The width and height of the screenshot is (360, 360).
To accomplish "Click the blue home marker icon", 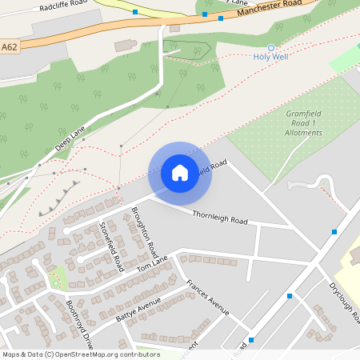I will [x=180, y=172].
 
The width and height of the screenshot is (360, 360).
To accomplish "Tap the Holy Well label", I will [x=270, y=57].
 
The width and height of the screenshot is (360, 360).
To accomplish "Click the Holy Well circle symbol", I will [x=270, y=48].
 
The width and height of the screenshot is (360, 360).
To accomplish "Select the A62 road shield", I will [x=10, y=47].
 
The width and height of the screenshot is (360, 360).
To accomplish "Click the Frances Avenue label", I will [x=207, y=298].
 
